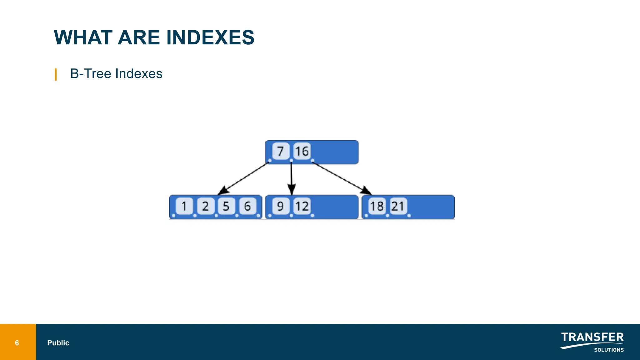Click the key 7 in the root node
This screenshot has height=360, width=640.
(x=280, y=151)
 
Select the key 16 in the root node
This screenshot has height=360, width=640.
(x=302, y=151)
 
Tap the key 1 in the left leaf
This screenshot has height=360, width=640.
(x=184, y=206)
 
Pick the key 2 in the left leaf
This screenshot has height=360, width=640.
(x=205, y=206)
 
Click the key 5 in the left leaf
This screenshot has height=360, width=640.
(x=226, y=206)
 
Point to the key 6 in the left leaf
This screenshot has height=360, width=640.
(x=247, y=206)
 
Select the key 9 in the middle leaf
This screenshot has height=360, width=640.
(x=280, y=206)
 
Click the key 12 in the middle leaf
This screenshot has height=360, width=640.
(x=302, y=206)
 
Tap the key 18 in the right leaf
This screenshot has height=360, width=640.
(x=377, y=206)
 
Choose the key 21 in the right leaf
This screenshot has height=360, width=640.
(x=398, y=206)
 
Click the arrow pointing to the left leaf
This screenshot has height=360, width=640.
(x=244, y=178)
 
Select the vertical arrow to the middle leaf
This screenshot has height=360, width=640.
(x=292, y=178)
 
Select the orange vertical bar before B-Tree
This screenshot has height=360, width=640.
(x=56, y=74)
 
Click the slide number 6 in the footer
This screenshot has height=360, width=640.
(x=17, y=343)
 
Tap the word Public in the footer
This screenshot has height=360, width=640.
(x=58, y=343)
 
